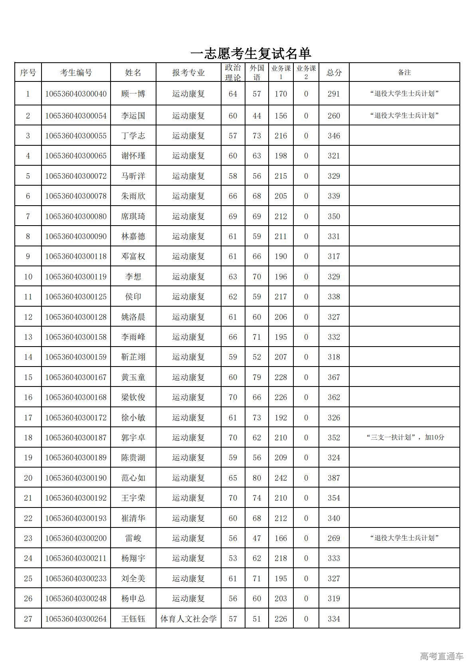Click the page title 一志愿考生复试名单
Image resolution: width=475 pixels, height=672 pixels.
tap(251, 54)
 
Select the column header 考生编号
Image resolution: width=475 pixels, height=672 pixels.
tap(76, 73)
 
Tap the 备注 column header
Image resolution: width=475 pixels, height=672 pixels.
tap(404, 73)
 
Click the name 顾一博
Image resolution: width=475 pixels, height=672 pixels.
tap(133, 94)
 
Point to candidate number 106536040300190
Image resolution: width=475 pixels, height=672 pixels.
tap(76, 478)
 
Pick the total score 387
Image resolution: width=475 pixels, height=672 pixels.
tap(334, 478)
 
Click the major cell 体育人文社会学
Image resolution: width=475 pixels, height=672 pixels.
tap(188, 619)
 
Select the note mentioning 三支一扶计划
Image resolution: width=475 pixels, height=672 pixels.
tap(405, 438)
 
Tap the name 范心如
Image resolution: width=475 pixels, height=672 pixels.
tap(133, 478)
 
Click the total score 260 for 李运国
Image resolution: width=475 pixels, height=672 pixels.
tap(334, 116)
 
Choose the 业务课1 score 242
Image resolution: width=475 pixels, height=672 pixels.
tap(281, 478)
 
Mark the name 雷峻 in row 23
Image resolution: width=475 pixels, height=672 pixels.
tap(133, 538)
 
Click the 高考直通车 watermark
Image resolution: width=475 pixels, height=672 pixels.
tap(441, 656)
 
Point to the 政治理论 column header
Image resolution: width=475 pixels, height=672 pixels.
tap(233, 73)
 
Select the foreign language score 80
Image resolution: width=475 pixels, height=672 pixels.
tap(257, 478)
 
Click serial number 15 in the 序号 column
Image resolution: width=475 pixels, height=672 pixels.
tap(28, 377)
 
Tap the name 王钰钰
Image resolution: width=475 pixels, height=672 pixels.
tap(133, 619)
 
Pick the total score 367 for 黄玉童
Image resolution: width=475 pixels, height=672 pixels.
tap(334, 377)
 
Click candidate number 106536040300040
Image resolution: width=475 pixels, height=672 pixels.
tap(76, 94)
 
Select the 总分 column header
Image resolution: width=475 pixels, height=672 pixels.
tap(334, 73)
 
